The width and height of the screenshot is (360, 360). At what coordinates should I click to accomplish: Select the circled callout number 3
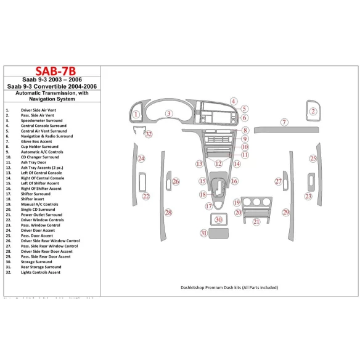pos(168,113)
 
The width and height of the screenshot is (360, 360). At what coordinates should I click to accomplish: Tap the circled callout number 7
pos(284,122)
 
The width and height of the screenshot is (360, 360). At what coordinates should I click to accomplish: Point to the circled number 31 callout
pos(203,233)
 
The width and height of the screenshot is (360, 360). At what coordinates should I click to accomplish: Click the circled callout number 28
pos(168,212)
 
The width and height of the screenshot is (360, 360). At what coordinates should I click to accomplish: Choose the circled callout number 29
pos(285,212)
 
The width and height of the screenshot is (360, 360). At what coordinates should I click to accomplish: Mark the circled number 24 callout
pos(141,159)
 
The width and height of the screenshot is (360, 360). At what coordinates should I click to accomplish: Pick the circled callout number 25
pos(313,158)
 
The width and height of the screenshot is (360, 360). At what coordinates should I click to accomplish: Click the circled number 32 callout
pos(148,134)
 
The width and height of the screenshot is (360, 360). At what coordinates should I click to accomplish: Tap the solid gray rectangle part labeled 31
pos(219,233)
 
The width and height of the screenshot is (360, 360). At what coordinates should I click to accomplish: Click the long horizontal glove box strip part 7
pos(283,130)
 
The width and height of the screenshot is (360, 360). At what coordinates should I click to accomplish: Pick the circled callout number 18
pos(203,194)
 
